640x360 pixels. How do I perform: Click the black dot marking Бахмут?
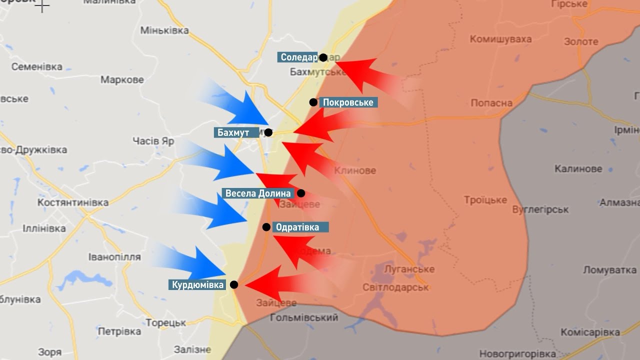[x=268, y=132]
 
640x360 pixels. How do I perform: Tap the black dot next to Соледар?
[x=323, y=57]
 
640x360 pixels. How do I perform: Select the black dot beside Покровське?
[x=313, y=102]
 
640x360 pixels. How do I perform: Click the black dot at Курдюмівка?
[x=234, y=284]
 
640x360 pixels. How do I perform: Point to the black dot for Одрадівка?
[x=266, y=227]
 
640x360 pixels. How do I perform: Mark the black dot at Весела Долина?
[x=300, y=193]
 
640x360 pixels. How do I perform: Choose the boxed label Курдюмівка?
[x=197, y=285]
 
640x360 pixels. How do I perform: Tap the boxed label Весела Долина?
[x=258, y=193]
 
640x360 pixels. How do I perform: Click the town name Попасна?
[x=491, y=103]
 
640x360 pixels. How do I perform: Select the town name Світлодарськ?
[x=395, y=287]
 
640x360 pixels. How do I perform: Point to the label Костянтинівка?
[x=73, y=202]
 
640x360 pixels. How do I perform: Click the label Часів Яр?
[x=153, y=141]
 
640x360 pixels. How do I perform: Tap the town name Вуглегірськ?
[x=540, y=209]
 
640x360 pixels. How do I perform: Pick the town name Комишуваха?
[x=500, y=39]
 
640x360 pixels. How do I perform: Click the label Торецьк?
[x=166, y=323]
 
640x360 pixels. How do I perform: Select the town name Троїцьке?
[x=485, y=200]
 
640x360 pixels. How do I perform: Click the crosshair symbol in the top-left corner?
[x=43, y=6]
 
